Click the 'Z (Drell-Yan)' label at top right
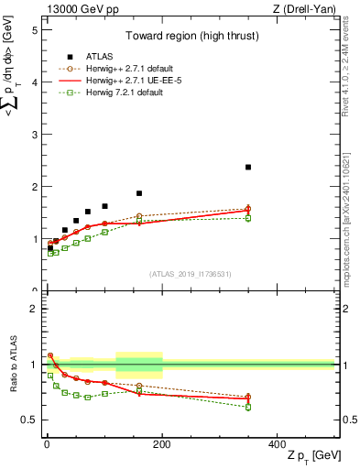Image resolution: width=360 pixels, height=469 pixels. click(x=307, y=9)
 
